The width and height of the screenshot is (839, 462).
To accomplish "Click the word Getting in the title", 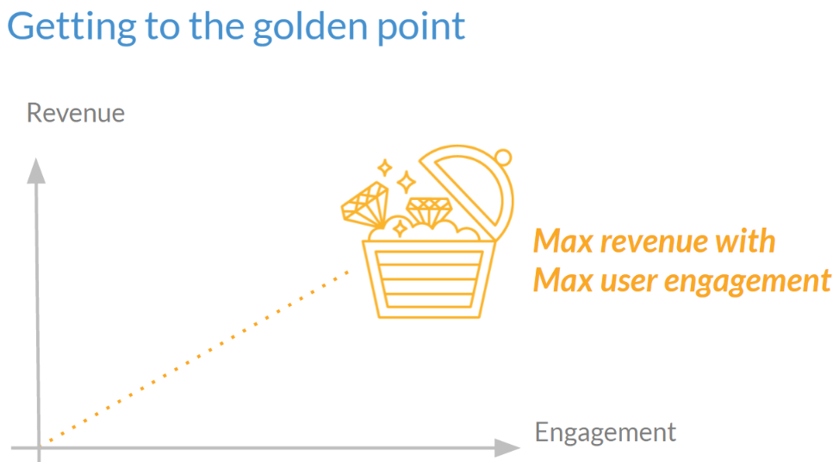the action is point(71,27).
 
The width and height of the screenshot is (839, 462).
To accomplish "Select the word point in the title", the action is point(421,28).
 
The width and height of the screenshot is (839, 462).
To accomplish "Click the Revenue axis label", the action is point(76,113).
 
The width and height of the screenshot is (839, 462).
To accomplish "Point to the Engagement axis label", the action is point(606,433).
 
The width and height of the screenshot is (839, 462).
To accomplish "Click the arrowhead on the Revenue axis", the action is point(36,171).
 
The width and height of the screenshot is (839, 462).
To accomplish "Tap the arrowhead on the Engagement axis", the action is point(507,447).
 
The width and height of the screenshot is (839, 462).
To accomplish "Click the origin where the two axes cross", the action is point(39,447).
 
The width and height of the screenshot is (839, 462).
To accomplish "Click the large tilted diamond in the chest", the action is point(365,205).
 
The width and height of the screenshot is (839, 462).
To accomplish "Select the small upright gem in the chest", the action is point(429,211).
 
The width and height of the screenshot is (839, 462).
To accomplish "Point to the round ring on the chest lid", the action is point(503,158).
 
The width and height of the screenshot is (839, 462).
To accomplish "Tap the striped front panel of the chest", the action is point(428,279).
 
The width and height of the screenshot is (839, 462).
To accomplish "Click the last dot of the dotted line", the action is point(347,272).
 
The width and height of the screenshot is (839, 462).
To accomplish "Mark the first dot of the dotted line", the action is point(51,440).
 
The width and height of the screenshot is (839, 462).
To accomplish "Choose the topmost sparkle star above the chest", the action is point(385,167).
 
